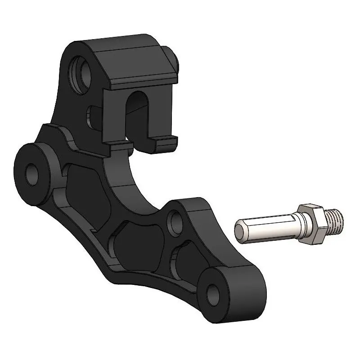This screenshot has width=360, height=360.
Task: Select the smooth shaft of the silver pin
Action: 265,227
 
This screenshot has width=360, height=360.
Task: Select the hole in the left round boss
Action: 33,174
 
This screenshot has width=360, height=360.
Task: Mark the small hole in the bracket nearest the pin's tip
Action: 175,221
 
